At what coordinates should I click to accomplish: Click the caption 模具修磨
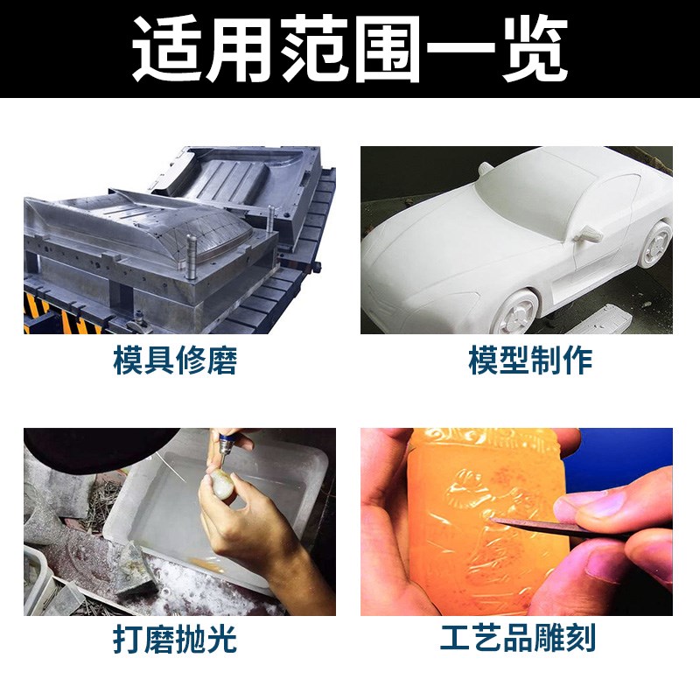coord(175,360)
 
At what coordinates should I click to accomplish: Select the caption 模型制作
coord(530,360)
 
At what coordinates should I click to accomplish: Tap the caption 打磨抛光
coord(175,640)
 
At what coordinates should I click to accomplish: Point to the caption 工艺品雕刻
coord(517,640)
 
